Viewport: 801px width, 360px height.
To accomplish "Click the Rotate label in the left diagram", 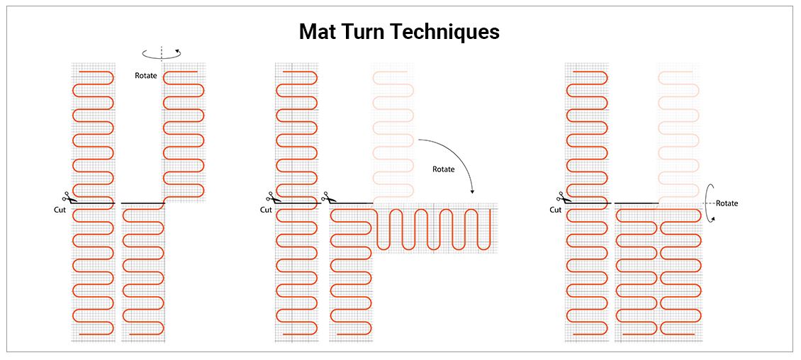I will click(146, 75).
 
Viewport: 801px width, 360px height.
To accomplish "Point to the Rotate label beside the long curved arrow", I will click(444, 169).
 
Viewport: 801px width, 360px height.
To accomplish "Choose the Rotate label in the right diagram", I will click(727, 203).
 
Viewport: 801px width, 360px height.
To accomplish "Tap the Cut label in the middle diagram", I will click(266, 210).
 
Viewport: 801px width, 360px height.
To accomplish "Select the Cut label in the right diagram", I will click(556, 210).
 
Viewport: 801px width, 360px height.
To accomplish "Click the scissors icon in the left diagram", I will click(65, 198).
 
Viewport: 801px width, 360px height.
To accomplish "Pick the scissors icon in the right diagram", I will click(560, 198).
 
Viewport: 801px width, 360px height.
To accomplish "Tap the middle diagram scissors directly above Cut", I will click(271, 198).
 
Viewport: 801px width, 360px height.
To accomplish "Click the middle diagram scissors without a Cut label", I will click(326, 198).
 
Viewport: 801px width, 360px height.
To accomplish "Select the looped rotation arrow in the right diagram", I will click(709, 203).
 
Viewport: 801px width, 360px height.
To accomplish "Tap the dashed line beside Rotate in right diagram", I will click(709, 203).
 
